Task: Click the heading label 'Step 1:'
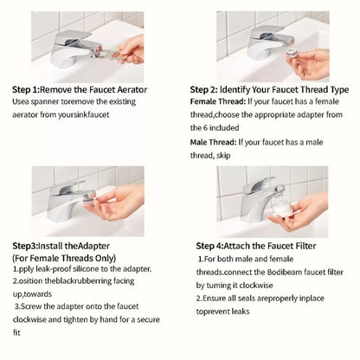(x=29, y=89)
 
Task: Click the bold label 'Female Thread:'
(x=218, y=101)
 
